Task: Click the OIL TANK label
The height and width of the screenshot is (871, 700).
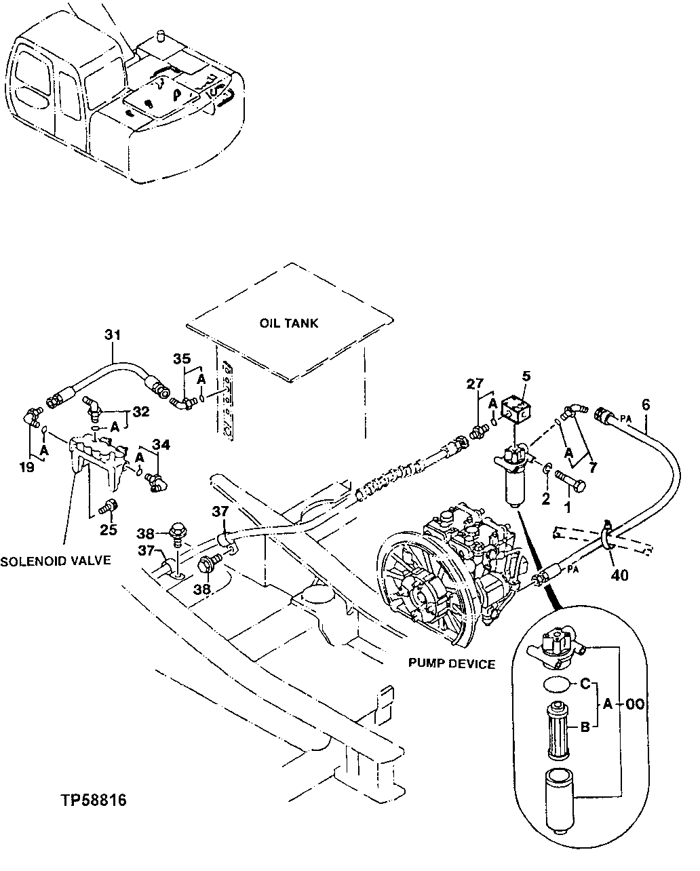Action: point(288,324)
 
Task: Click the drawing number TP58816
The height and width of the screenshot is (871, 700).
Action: point(92,800)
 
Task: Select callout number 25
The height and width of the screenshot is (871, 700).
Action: point(109,529)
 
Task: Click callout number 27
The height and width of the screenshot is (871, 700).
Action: point(475,385)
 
